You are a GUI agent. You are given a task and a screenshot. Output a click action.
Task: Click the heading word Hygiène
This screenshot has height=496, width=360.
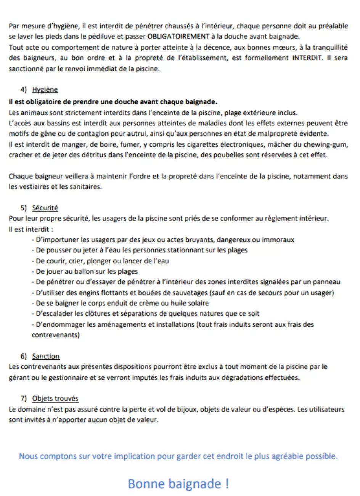(x=45, y=90)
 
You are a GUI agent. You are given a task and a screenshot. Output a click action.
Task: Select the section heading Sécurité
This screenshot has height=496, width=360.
(x=45, y=208)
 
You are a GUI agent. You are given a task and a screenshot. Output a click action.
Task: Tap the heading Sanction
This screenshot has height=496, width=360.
(x=46, y=356)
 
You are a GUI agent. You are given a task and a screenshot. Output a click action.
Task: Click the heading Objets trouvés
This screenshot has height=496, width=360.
(x=55, y=399)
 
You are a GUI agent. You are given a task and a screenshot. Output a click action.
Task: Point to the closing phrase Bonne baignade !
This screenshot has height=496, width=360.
(x=178, y=484)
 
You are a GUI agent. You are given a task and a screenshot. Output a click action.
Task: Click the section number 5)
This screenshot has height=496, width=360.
(x=24, y=208)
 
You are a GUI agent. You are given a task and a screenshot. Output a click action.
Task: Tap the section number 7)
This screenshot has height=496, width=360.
(x=24, y=399)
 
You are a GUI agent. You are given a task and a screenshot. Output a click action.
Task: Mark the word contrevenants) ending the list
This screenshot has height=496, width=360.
(x=56, y=335)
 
